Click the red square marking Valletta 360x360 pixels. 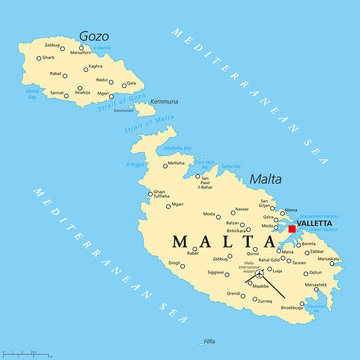292,229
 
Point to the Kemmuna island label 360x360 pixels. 165,101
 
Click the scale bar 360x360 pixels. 28,351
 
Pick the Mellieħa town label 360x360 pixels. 176,162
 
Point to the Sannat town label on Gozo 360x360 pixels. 58,92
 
